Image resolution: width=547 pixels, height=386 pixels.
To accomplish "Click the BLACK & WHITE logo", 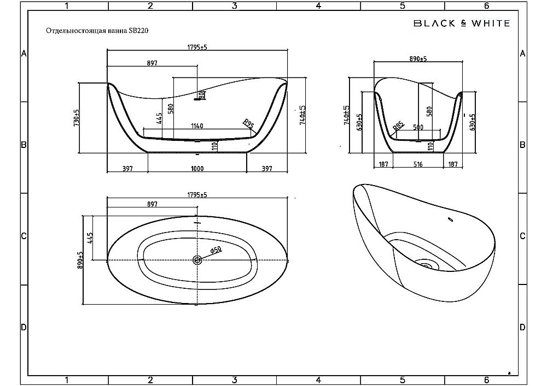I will pos(461,23).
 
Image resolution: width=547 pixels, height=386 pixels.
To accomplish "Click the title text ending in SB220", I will pos(96,31).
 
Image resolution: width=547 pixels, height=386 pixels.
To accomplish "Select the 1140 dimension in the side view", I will pos(197,126).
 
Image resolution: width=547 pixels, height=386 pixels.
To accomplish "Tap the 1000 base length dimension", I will pos(197,169).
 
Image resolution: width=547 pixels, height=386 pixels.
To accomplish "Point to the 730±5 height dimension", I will pos(77,118).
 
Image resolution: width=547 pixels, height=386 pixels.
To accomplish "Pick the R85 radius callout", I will pos(399,127).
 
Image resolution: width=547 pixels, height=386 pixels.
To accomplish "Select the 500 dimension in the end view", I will pos(418,127).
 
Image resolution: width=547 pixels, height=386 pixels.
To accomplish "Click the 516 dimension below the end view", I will pos(418,164).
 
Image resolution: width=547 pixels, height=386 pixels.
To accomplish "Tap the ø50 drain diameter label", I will pos(216,250).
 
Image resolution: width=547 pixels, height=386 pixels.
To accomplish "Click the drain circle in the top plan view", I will pos(197,260).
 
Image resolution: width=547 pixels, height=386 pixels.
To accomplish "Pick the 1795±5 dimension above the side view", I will pos(197,47).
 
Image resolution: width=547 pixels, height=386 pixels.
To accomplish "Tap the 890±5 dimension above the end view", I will pos(418,58).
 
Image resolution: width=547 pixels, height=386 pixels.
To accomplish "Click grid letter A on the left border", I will pos(24,54).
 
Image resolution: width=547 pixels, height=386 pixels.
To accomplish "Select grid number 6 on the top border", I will pos(486,6).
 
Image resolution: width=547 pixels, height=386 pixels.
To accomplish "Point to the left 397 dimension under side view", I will pos(127,169).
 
